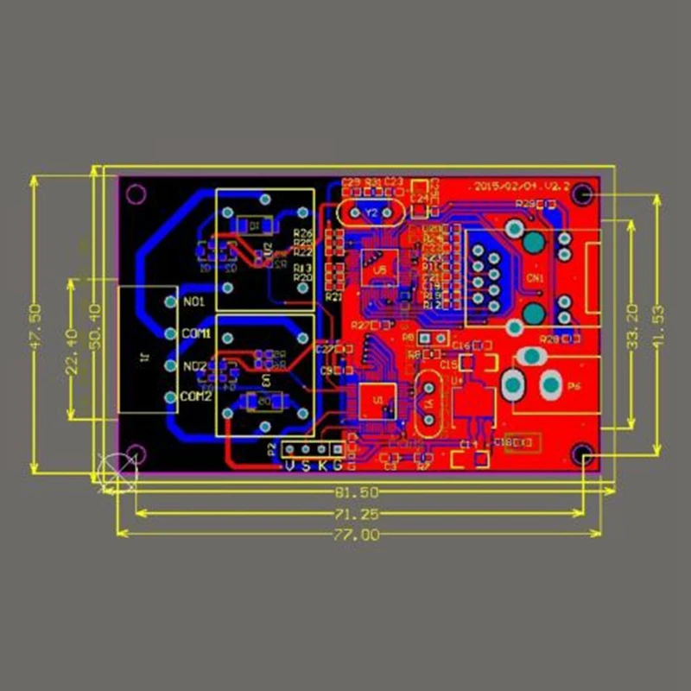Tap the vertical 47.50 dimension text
pyautogui.click(x=35, y=324)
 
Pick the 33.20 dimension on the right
pyautogui.click(x=632, y=324)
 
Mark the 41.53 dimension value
pyautogui.click(x=659, y=324)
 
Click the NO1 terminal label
pyautogui.click(x=193, y=302)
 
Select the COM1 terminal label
pyautogui.click(x=197, y=333)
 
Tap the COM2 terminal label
pyautogui.click(x=197, y=396)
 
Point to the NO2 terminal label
pyautogui.click(x=193, y=365)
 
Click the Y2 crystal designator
pyautogui.click(x=371, y=212)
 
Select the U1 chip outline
pyautogui.click(x=377, y=402)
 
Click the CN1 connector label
pyautogui.click(x=535, y=278)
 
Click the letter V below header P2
pyautogui.click(x=290, y=466)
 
